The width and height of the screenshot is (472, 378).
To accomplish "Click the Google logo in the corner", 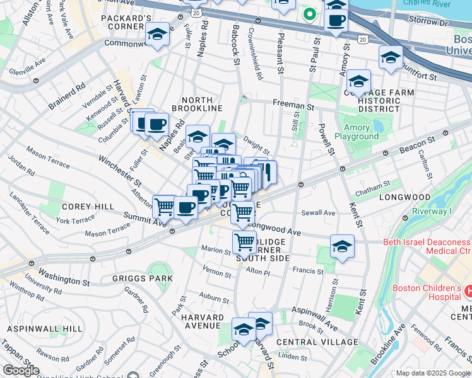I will tap(21, 370).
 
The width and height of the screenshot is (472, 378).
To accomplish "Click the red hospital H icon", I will tap(468, 291).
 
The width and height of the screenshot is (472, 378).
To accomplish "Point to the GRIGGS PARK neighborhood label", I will tap(133, 277).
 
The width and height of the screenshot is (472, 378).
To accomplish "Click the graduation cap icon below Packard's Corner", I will tap(157, 35).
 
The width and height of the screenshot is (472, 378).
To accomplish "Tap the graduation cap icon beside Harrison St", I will tap(341, 246).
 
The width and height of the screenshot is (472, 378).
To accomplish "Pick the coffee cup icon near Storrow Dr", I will tap(336, 19).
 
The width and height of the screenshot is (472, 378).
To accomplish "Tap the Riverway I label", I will tap(433, 212).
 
